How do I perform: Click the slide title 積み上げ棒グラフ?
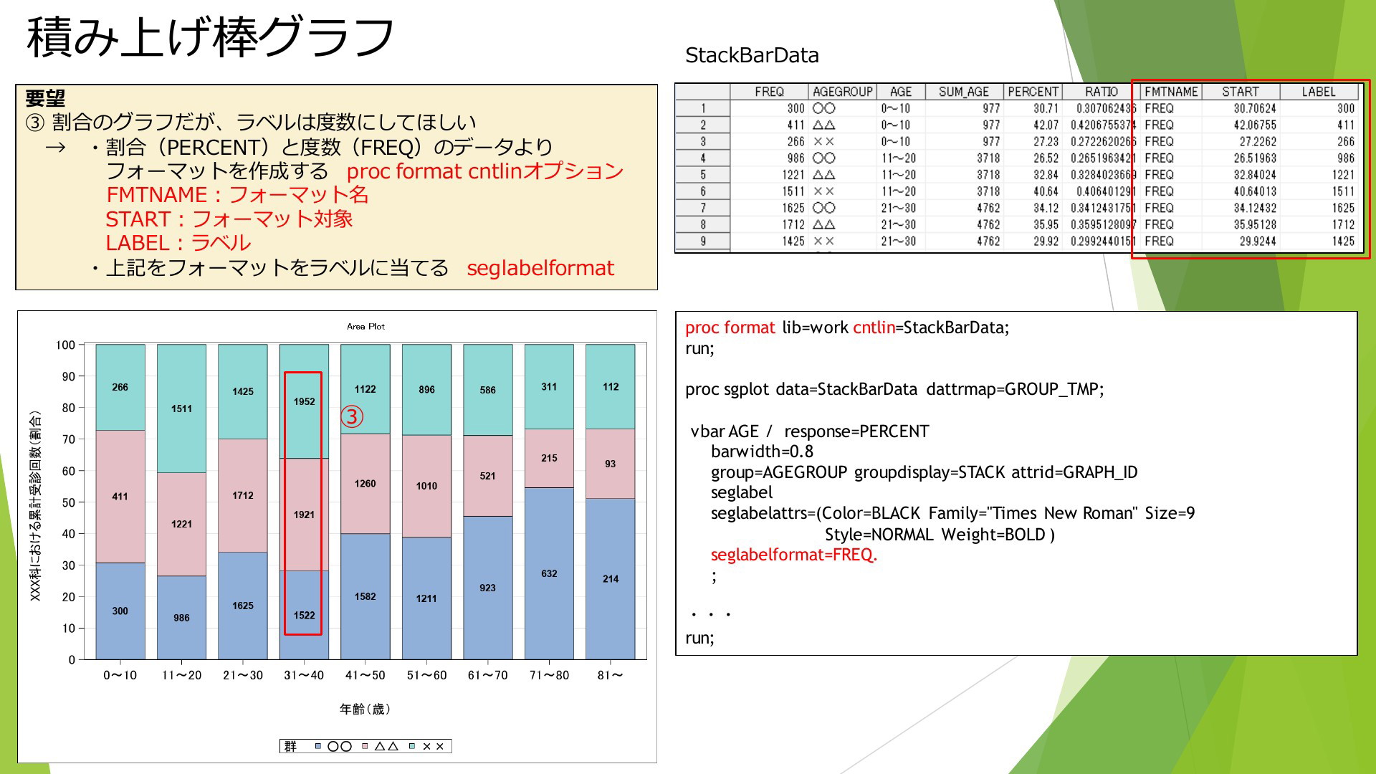pyautogui.click(x=210, y=37)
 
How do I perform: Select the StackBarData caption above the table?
pyautogui.click(x=752, y=55)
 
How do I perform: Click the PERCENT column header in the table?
pyautogui.click(x=1033, y=92)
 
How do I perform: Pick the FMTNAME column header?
pyautogui.click(x=1171, y=92)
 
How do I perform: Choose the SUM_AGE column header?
pyautogui.click(x=963, y=92)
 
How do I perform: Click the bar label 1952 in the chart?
pyautogui.click(x=304, y=401)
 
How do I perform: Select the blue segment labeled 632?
pyautogui.click(x=549, y=573)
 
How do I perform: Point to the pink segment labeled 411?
pyautogui.click(x=120, y=496)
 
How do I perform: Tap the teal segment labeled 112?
pyautogui.click(x=611, y=386)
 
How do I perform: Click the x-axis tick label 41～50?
pyautogui.click(x=365, y=675)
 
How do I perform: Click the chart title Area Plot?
pyautogui.click(x=365, y=326)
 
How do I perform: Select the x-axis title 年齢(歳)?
pyautogui.click(x=365, y=709)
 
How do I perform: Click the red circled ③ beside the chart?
pyautogui.click(x=351, y=416)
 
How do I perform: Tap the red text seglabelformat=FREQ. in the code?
pyautogui.click(x=794, y=555)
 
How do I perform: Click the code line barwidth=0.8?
pyautogui.click(x=762, y=451)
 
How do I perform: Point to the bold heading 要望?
pyautogui.click(x=45, y=98)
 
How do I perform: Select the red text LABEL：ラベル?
pyautogui.click(x=178, y=243)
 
